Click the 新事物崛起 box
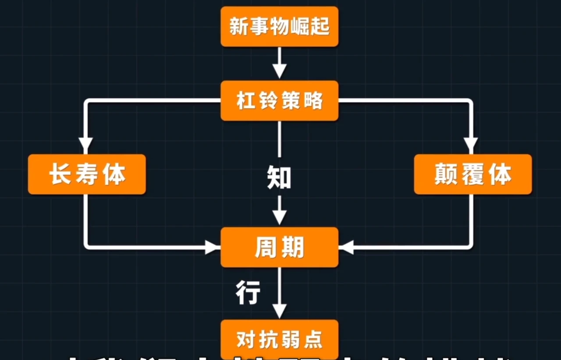[279, 26]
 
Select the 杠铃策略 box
[279, 101]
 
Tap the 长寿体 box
[87, 174]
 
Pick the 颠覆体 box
[472, 174]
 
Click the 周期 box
[279, 247]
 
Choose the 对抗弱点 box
[279, 339]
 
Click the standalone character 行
[248, 292]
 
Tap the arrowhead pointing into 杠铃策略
[279, 71]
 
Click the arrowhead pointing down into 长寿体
[85, 144]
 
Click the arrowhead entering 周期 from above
[279, 217]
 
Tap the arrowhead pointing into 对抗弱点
[279, 310]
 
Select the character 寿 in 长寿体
[87, 174]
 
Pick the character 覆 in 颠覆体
[472, 174]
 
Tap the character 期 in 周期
[292, 248]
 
